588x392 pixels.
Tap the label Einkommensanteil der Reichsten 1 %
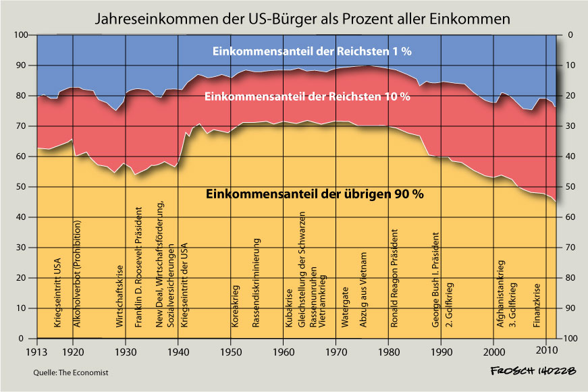pyautogui.click(x=312, y=51)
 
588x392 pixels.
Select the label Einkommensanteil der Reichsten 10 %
pyautogui.click(x=312, y=96)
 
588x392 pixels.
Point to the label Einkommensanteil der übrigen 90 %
pyautogui.click(x=314, y=194)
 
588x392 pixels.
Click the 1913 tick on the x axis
pyautogui.click(x=38, y=351)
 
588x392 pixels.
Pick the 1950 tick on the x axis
pyautogui.click(x=231, y=351)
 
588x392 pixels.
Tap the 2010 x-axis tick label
pyautogui.click(x=546, y=351)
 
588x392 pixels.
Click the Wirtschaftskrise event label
pyautogui.click(x=119, y=297)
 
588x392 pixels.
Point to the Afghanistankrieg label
pyautogui.click(x=500, y=294)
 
